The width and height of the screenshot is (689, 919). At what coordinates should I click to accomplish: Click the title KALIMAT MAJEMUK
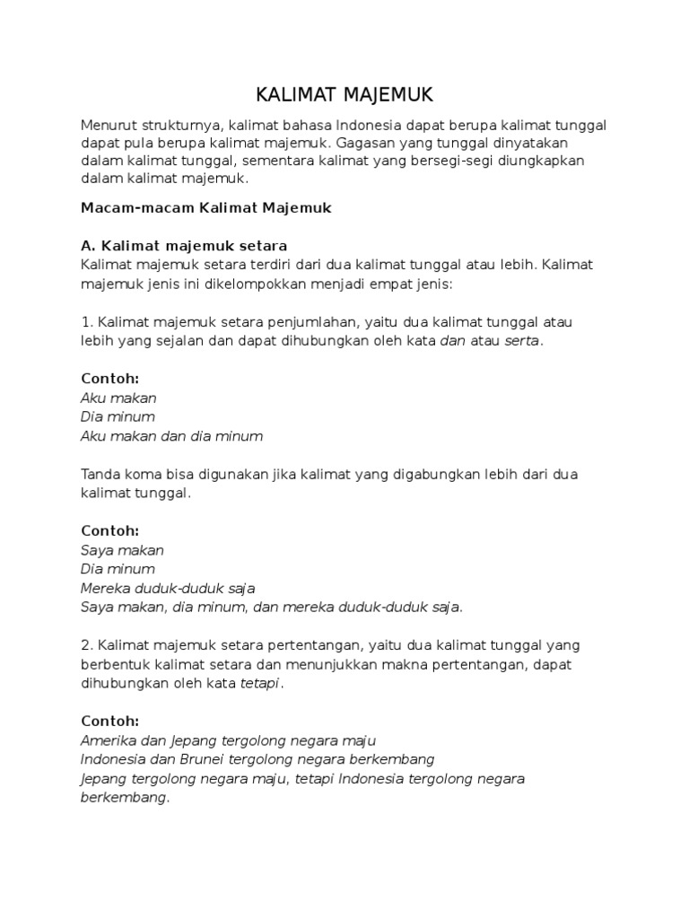tap(344, 95)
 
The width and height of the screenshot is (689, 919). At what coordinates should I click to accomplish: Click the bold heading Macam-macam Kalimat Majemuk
tap(206, 207)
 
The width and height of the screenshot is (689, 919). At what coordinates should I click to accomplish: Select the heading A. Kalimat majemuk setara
tap(184, 245)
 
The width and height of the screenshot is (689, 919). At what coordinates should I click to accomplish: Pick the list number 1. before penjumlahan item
tap(87, 321)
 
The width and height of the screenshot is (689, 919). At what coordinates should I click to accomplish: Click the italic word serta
tap(522, 340)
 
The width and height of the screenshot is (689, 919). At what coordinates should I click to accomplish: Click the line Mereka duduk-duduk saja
tap(168, 588)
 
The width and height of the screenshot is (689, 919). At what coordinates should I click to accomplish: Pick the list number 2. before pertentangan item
tap(87, 645)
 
